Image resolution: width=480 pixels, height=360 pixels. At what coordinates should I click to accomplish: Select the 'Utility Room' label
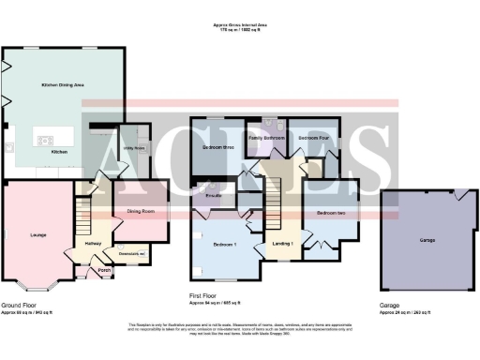[x=132, y=148]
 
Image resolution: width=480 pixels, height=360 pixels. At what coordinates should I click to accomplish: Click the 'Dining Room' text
[x=141, y=212]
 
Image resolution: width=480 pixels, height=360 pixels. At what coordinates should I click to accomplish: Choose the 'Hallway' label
[x=94, y=243]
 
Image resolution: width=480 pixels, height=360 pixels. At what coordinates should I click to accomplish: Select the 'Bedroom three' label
[x=217, y=147]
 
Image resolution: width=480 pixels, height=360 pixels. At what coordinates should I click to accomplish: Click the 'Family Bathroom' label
[x=265, y=138]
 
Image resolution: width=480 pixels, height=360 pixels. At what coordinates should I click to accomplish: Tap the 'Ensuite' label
[x=214, y=195]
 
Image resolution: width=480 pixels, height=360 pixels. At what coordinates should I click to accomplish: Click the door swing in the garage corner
[x=458, y=196]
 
